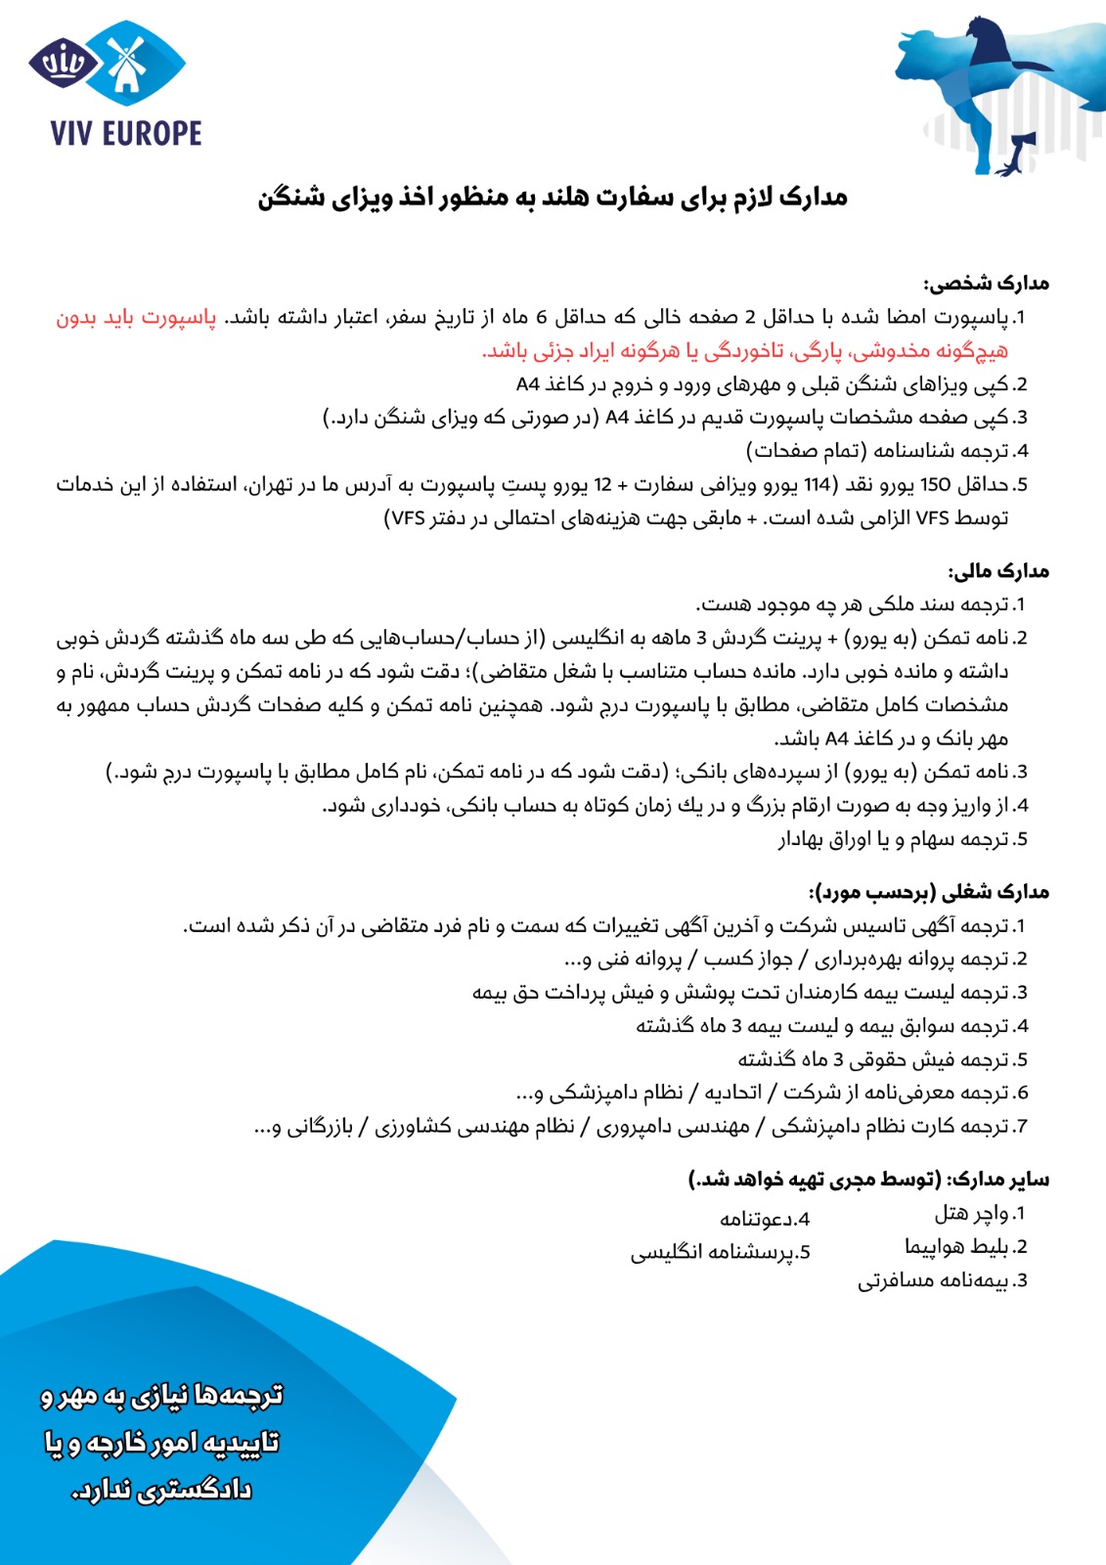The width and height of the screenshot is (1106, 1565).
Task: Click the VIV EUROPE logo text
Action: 126,133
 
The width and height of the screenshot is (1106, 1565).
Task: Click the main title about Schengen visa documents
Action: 553,198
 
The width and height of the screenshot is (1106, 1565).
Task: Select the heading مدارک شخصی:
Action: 986,284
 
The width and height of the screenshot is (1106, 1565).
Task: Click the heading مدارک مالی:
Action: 998,571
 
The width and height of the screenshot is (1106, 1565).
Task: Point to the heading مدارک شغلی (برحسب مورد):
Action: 929,892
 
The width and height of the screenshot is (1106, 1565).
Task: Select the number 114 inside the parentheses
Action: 817,484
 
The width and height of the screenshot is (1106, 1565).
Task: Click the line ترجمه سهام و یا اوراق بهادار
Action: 894,839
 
